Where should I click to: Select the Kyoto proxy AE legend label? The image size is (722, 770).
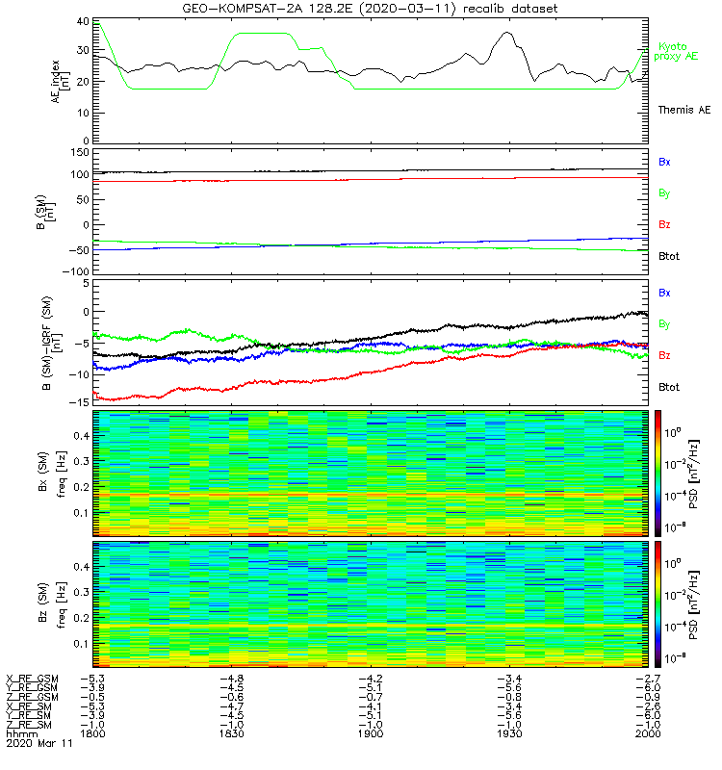click(676, 52)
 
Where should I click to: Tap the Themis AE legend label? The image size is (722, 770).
click(684, 110)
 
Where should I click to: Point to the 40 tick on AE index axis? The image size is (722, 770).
click(83, 21)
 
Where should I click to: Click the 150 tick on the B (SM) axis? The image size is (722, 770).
click(80, 153)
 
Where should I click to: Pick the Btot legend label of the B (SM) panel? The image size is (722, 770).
click(669, 256)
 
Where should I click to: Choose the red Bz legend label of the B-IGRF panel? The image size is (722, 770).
click(664, 355)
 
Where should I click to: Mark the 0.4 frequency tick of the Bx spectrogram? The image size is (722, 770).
click(81, 436)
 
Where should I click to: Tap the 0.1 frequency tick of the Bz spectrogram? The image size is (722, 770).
click(81, 644)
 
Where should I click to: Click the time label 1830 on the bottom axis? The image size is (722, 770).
click(231, 733)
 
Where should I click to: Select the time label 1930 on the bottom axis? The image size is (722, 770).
click(509, 733)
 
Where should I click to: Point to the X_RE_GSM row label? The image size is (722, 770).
click(32, 680)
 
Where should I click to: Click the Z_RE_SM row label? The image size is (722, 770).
click(29, 725)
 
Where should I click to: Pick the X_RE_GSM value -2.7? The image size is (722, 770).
click(648, 679)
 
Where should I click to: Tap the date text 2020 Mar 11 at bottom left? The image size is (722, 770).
click(39, 743)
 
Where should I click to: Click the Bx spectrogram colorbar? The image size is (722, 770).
click(658, 474)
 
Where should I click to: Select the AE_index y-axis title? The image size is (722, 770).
click(59, 82)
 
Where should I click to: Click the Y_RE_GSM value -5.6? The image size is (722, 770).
click(509, 688)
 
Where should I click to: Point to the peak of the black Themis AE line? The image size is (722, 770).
click(507, 33)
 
